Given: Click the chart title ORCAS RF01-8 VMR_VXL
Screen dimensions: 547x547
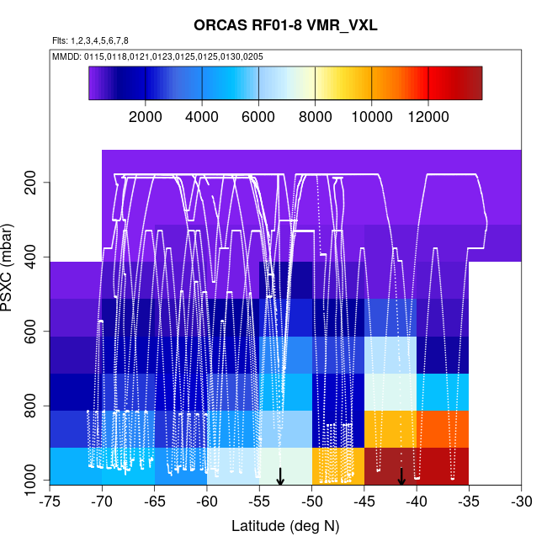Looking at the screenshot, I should tap(285, 25).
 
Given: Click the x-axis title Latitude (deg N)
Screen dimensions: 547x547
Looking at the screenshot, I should tap(285, 525).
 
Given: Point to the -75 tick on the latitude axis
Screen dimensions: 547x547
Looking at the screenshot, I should tap(50, 502).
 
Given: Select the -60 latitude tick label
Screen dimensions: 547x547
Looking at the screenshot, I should tap(207, 502).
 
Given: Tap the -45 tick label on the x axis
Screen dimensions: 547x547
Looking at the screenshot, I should tap(364, 502).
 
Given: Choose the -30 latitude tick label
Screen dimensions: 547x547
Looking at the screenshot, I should tap(521, 502).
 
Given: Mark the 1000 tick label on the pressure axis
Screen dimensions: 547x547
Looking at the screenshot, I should tap(31, 481).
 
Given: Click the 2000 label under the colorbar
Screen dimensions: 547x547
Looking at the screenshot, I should tap(146, 117).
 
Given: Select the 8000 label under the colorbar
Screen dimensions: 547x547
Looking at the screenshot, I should tap(315, 117).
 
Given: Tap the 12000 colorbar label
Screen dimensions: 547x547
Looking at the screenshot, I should tap(428, 117).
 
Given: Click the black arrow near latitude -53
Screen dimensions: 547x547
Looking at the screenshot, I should tap(280, 476).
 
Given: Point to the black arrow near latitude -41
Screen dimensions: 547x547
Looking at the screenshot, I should tap(401, 476).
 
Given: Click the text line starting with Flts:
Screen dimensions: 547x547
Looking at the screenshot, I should tap(90, 40).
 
